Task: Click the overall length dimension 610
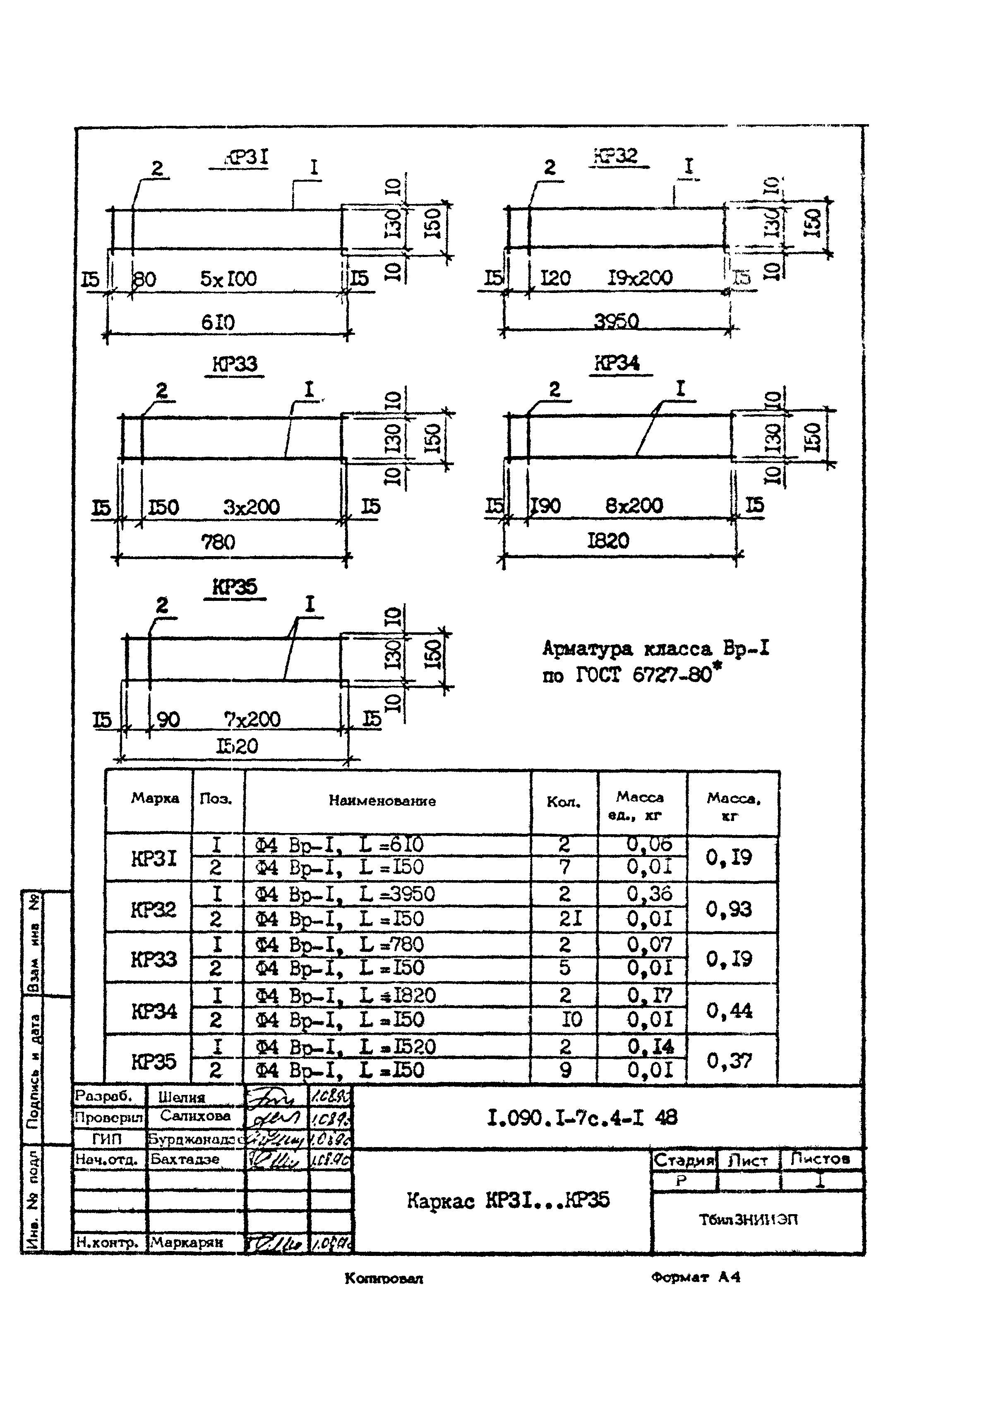218,322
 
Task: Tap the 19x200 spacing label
640,278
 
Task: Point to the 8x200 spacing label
634,506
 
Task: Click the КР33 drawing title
235,364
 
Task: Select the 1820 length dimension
608,541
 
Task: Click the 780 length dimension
218,543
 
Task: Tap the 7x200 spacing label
252,719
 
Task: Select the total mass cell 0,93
729,909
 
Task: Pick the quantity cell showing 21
570,919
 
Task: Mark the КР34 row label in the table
154,1011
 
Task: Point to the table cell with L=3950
345,894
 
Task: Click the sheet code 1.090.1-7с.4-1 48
582,1118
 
